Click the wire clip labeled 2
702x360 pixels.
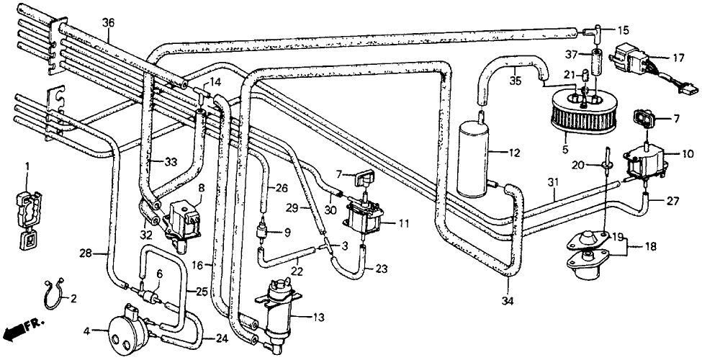point(55,294)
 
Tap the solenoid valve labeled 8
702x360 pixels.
point(181,221)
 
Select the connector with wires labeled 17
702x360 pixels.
point(649,66)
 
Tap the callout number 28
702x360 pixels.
point(86,253)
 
